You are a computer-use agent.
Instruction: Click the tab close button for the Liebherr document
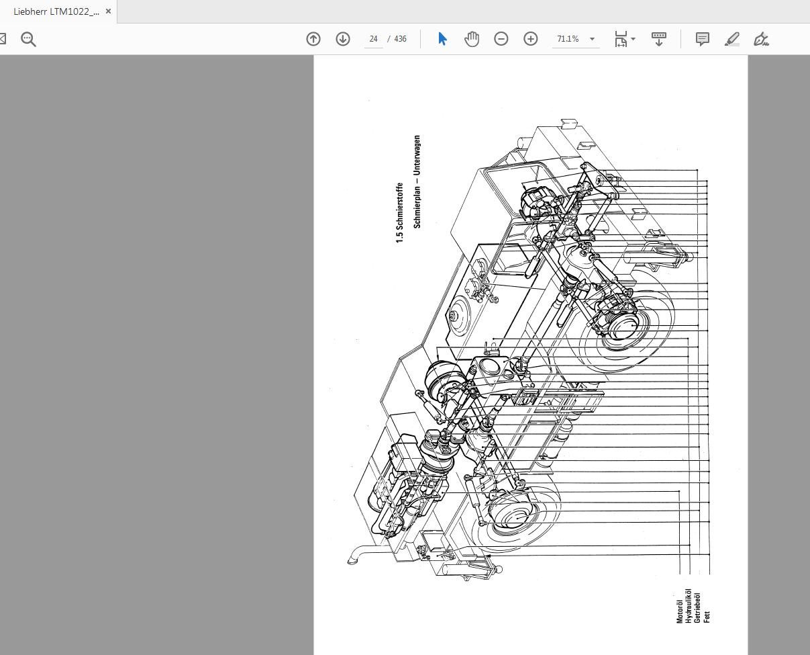click(x=108, y=11)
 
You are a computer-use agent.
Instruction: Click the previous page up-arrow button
click(x=313, y=39)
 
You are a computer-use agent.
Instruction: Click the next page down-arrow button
click(x=343, y=39)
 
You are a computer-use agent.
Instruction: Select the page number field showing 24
click(x=373, y=39)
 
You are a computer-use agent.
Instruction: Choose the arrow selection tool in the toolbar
click(x=442, y=39)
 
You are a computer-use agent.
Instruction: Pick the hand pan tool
click(x=472, y=39)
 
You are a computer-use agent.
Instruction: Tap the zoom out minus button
click(x=501, y=39)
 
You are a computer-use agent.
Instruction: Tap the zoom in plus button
click(x=531, y=39)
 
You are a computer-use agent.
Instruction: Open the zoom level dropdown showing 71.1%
click(x=592, y=39)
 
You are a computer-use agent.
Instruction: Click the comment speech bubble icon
click(x=703, y=39)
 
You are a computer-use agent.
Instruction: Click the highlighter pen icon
click(x=732, y=39)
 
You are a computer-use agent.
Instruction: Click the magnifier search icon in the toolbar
click(x=28, y=39)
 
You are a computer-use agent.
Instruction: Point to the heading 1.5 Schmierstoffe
click(x=400, y=212)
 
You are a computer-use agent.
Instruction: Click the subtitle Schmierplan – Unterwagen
click(x=417, y=182)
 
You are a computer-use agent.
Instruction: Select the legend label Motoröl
click(x=680, y=608)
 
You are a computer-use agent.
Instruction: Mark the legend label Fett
click(x=707, y=616)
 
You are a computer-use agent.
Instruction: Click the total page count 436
click(x=400, y=39)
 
